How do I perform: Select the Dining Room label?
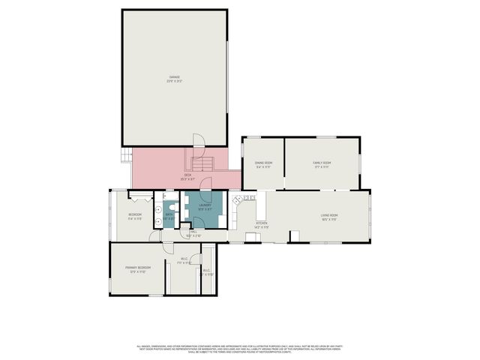262,163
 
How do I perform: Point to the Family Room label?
322,163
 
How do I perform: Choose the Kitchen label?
261,224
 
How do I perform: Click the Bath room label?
169,216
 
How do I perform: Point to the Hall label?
193,234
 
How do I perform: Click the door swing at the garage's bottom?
198,140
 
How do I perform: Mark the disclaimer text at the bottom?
240,349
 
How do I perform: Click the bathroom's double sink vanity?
159,215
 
